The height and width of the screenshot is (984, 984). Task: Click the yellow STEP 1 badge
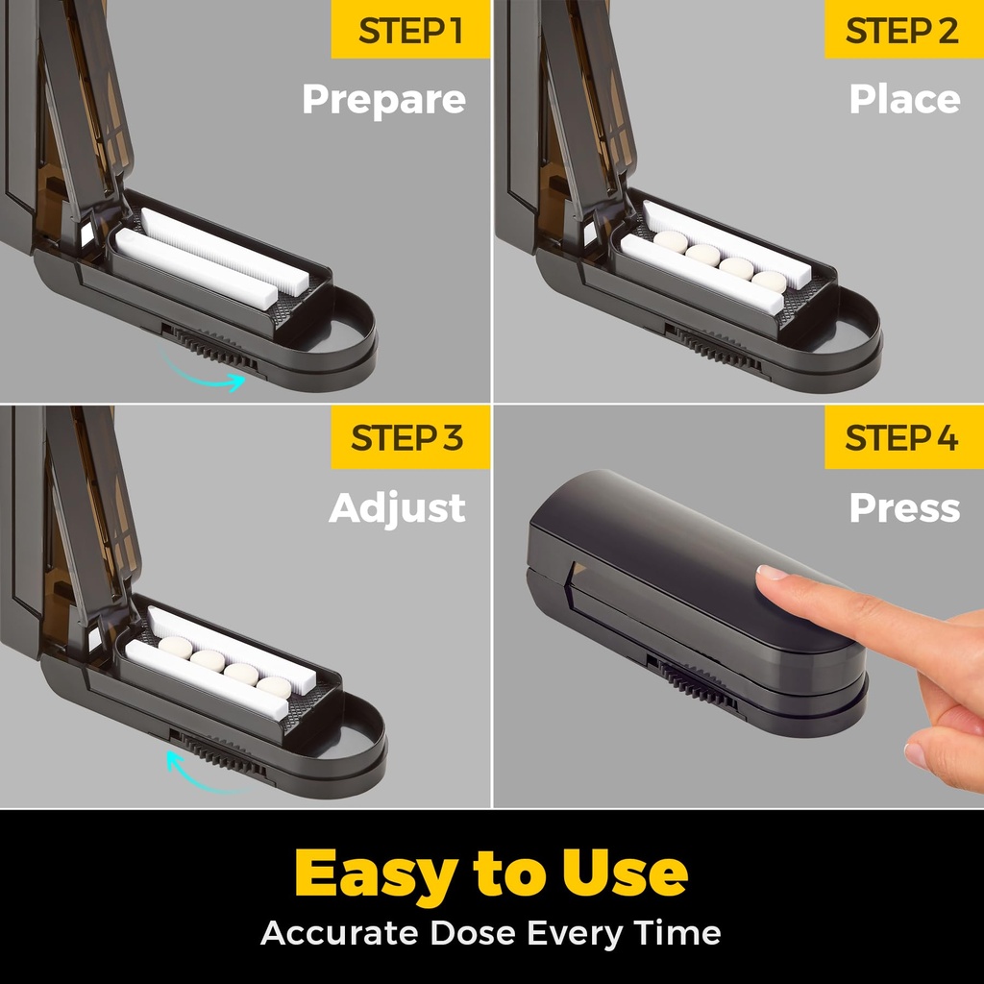pos(410,30)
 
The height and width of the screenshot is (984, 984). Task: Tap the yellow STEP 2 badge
pos(903,30)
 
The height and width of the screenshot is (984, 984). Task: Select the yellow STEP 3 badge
pos(410,437)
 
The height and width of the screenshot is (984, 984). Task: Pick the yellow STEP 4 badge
pos(903,437)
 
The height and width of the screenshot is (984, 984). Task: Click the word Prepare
pos(384,100)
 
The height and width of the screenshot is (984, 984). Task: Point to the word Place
pos(905,99)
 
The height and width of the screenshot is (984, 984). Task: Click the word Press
pos(905,507)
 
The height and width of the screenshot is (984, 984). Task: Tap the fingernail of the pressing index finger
pos(772,572)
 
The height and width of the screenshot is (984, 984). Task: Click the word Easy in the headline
pos(376,874)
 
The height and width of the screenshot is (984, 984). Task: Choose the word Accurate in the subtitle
pos(339,932)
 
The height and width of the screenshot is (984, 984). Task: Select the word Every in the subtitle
pos(574,934)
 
